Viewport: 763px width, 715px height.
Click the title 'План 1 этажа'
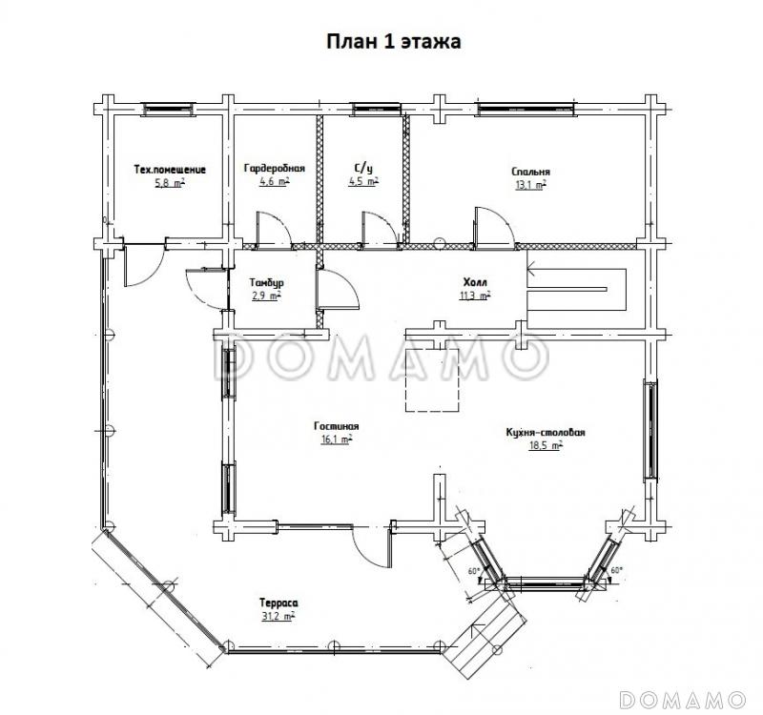pyautogui.click(x=393, y=42)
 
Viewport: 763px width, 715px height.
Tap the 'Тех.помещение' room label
pyautogui.click(x=170, y=170)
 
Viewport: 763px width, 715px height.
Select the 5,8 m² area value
pyautogui.click(x=170, y=183)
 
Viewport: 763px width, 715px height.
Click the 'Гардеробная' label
pyautogui.click(x=275, y=169)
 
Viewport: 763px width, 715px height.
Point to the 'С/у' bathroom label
pyautogui.click(x=363, y=169)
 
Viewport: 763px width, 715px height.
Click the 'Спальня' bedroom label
pyautogui.click(x=531, y=172)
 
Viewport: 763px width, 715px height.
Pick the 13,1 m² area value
pyautogui.click(x=531, y=185)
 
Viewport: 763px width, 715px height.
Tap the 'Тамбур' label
pyautogui.click(x=267, y=282)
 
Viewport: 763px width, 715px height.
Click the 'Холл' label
pyautogui.click(x=475, y=282)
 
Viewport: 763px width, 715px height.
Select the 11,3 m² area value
pyautogui.click(x=475, y=296)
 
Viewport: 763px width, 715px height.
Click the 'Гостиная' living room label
pyautogui.click(x=337, y=426)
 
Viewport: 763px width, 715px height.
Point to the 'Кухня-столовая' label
pyautogui.click(x=546, y=433)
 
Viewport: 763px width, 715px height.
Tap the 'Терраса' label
pyautogui.click(x=278, y=603)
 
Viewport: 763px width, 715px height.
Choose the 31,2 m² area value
pyautogui.click(x=278, y=616)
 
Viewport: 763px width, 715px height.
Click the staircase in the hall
pyautogui.click(x=577, y=290)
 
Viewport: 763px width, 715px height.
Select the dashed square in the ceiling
pyautogui.click(x=433, y=379)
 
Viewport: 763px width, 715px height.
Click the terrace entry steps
pyautogui.click(x=486, y=637)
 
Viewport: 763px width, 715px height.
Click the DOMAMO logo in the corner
pyautogui.click(x=683, y=700)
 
